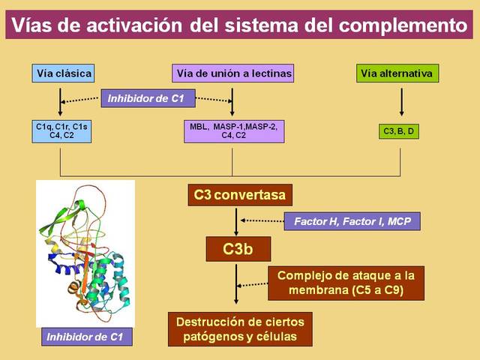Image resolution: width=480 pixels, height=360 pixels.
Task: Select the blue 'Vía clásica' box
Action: (x=63, y=73)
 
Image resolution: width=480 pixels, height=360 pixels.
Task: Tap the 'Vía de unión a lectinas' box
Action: (x=232, y=73)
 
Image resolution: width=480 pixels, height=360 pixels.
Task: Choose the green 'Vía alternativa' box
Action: (x=397, y=73)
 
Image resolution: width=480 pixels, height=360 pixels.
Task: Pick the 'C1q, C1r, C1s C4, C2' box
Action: (x=61, y=131)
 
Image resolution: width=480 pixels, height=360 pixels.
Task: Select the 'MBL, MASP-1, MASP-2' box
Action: (x=233, y=131)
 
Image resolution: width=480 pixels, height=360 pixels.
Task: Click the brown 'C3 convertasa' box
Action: (x=239, y=196)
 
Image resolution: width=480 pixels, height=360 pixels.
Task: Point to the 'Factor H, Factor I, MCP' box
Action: (x=352, y=221)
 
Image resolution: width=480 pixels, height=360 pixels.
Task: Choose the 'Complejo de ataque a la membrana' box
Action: (x=346, y=283)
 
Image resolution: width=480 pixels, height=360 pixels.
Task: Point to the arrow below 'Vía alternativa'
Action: (x=402, y=102)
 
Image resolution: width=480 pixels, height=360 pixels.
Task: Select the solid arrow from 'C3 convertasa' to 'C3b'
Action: (x=236, y=221)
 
